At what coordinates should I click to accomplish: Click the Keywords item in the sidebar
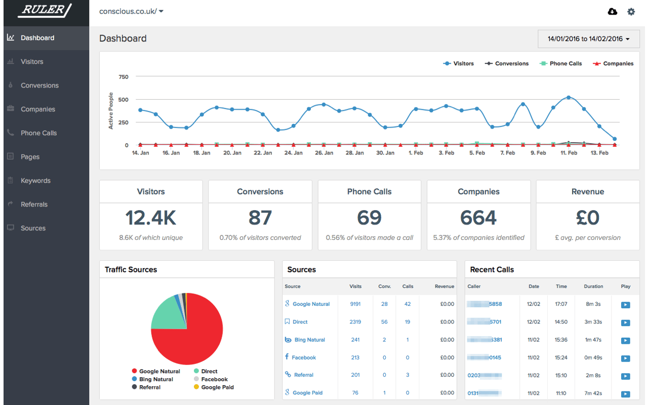[35, 181]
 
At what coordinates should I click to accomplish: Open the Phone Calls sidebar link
[38, 133]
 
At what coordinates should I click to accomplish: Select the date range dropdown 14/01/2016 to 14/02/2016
[588, 39]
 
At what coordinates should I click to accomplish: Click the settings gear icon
[631, 12]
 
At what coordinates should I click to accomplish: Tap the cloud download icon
[613, 12]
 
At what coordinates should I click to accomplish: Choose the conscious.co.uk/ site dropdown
[131, 11]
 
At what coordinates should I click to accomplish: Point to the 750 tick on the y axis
[124, 77]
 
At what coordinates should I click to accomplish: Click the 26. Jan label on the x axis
[323, 153]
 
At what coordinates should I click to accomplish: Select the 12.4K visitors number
[151, 218]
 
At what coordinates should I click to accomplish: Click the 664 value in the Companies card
[478, 218]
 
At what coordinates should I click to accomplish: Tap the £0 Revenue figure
[588, 218]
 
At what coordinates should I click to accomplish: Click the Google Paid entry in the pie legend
[217, 387]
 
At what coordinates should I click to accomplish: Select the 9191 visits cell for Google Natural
[355, 304]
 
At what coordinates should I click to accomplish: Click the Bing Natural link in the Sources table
[309, 340]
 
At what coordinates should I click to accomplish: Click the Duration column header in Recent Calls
[593, 287]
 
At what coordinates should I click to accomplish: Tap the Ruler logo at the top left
[45, 10]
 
